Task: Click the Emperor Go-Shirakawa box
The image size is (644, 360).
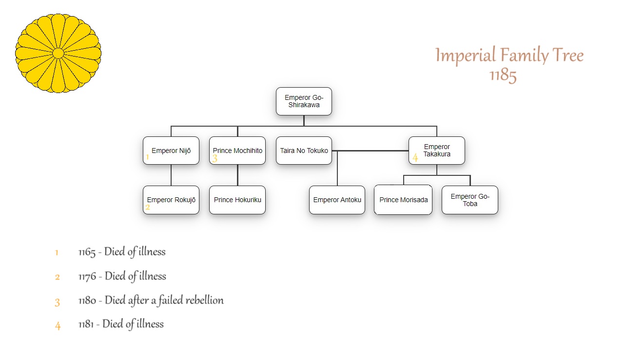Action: pos(304,101)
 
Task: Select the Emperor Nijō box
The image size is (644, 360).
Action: pos(171,151)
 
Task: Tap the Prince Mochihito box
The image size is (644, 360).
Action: pos(237,151)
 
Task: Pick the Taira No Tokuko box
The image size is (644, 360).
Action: pos(304,151)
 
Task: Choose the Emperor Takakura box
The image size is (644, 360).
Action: pos(437,151)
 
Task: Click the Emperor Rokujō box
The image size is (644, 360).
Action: pos(171,200)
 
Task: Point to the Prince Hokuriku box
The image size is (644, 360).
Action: pos(237,200)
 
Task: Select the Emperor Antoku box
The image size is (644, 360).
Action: pos(337,200)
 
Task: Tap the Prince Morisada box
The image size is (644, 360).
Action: pos(403,200)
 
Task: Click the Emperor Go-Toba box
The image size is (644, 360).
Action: pos(470,200)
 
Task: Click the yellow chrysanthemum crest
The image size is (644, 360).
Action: pos(58,53)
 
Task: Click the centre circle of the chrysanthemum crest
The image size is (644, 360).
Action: pos(58,53)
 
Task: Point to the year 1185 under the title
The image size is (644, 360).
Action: pos(503,76)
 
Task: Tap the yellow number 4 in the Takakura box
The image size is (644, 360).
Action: pos(415,157)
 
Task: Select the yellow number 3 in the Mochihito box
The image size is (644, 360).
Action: pos(215,158)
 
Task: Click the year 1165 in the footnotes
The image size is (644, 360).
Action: pos(87,252)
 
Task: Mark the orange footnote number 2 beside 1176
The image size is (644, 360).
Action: pos(58,277)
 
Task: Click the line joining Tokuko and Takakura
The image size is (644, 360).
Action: pos(371,151)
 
